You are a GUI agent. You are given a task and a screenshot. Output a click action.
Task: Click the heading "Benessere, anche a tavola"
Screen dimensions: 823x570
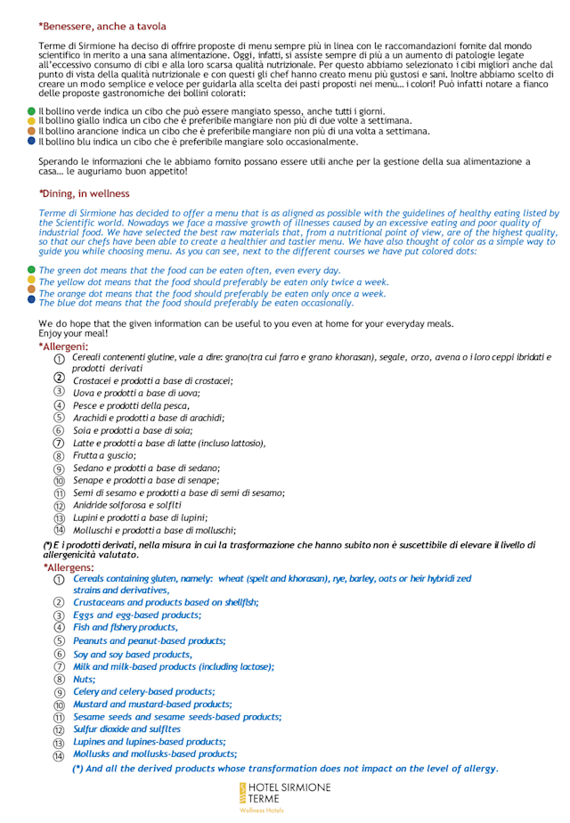click(102, 28)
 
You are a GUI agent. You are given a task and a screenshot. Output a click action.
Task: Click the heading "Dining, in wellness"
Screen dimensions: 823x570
click(85, 193)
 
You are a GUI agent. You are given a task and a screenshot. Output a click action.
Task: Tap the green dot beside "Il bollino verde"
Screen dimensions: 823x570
click(32, 110)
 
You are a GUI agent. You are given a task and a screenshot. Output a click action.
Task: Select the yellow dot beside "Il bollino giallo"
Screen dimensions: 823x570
click(32, 120)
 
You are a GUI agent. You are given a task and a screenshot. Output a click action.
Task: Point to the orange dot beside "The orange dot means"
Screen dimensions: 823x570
click(32, 289)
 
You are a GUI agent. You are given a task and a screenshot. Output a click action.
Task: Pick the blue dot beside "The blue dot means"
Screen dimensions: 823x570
click(32, 300)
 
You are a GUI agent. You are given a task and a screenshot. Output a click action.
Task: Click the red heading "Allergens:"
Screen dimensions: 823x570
click(68, 567)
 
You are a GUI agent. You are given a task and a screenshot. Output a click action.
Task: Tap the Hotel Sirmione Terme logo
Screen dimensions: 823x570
click(284, 796)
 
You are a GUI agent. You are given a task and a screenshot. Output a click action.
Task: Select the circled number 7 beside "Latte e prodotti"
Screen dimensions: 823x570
click(59, 443)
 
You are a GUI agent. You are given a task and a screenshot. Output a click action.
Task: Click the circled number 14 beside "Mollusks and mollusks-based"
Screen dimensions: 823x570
click(59, 755)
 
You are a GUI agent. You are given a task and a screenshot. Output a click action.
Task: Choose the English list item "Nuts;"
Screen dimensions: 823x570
click(84, 679)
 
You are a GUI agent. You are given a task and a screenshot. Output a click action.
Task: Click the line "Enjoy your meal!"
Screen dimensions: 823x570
click(73, 332)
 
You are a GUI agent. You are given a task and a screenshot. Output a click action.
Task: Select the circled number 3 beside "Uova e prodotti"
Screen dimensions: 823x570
click(59, 392)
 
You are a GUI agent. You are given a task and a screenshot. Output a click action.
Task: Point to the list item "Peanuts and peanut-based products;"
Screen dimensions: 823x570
click(149, 640)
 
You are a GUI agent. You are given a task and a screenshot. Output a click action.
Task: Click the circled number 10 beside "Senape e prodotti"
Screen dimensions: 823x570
click(59, 480)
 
